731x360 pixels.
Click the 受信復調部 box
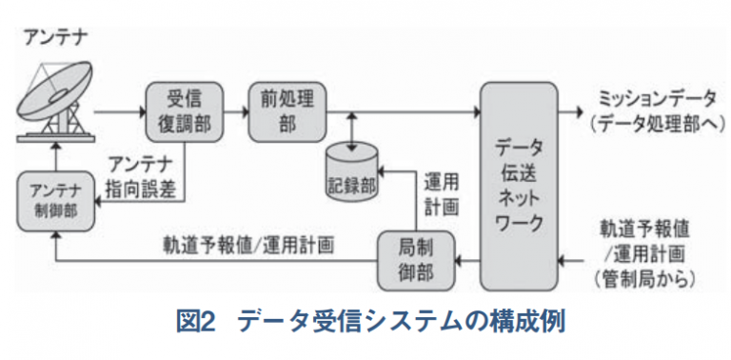(184, 112)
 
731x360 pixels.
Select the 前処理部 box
(287, 112)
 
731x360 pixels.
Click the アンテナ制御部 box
(55, 201)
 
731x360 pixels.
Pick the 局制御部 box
(415, 260)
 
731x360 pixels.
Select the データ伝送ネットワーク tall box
(519, 186)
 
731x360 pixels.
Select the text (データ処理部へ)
(656, 124)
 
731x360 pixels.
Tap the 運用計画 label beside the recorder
(441, 194)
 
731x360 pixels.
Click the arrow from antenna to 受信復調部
(120, 112)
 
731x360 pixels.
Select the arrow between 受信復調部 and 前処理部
(236, 112)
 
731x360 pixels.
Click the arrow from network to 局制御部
(467, 260)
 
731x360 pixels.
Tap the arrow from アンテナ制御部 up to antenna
(55, 157)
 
